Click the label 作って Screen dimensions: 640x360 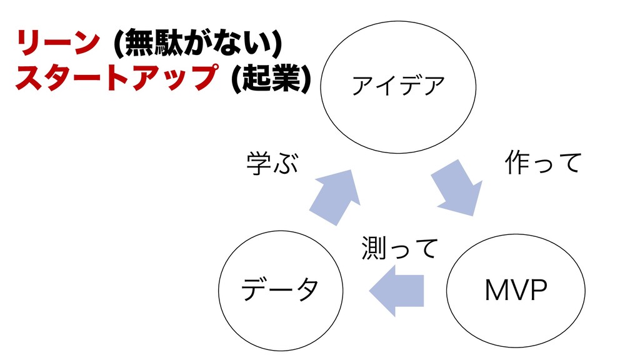[x=542, y=164]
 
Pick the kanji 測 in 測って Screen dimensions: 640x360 [x=372, y=249]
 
